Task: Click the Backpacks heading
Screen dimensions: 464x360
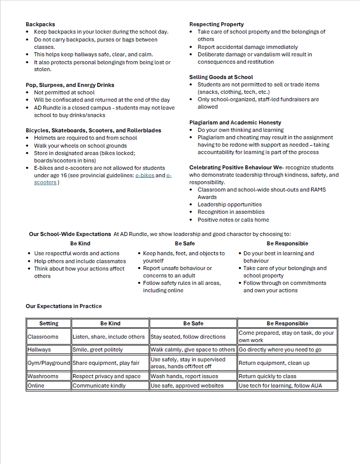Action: coord(40,24)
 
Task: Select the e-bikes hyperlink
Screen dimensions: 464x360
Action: coord(145,175)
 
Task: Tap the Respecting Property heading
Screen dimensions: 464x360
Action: coord(216,24)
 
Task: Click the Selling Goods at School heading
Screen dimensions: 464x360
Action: coord(221,77)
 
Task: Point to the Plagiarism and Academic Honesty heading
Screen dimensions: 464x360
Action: coord(235,122)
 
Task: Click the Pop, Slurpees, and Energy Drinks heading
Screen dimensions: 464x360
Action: coord(70,85)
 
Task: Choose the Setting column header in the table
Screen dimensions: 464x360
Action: coord(48,323)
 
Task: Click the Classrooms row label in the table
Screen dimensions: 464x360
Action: coord(43,337)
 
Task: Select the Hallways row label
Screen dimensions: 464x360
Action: coord(40,349)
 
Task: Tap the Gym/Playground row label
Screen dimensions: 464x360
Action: coord(49,363)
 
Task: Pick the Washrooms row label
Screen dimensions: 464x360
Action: coord(43,376)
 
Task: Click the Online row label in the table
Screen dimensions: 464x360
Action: coord(36,386)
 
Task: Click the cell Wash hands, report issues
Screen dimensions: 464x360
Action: coord(184,376)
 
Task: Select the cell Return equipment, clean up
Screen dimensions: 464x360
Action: coord(274,363)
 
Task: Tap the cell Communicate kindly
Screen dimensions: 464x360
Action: coord(99,386)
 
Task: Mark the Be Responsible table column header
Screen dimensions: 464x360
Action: coord(287,323)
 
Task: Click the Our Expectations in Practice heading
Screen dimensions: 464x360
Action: coord(64,306)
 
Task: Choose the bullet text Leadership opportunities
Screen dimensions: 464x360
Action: coord(230,204)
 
